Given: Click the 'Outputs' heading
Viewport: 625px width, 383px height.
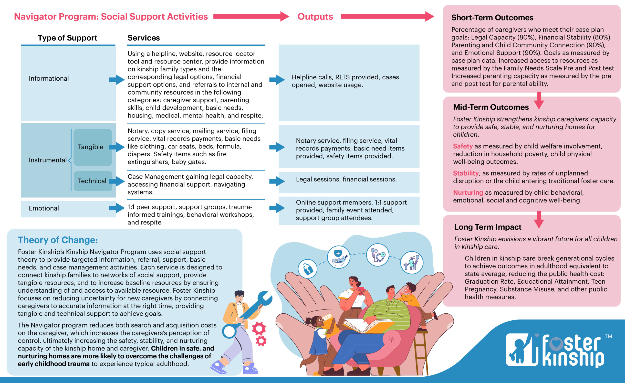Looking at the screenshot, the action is click(315, 17).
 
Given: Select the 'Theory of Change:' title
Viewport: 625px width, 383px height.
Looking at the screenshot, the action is click(58, 240).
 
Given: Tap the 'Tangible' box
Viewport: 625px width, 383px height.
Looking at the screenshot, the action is click(93, 147).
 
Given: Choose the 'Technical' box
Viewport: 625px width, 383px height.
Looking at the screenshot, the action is click(93, 181).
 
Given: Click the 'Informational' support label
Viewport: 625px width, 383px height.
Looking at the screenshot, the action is click(49, 78).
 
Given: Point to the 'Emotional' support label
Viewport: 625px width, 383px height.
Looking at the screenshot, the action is click(44, 208).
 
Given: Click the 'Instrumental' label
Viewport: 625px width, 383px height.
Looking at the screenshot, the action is click(48, 160).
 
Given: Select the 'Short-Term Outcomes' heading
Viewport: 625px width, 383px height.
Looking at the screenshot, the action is click(492, 18).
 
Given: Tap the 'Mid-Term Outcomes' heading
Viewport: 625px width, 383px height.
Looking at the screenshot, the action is click(491, 107).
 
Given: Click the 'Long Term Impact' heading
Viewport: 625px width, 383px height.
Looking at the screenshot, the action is click(488, 227).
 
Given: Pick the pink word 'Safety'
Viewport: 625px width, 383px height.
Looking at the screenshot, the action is click(463, 146).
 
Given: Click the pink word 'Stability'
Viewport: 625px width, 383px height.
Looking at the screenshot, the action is click(466, 173).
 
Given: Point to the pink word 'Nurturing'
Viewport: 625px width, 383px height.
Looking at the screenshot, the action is click(468, 193).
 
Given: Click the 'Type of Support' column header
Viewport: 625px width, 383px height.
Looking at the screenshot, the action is click(67, 38).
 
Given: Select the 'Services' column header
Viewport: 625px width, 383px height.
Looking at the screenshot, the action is click(144, 38).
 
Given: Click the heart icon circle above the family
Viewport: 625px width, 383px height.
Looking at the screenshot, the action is click(338, 257).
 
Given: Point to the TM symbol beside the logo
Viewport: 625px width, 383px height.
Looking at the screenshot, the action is click(608, 337).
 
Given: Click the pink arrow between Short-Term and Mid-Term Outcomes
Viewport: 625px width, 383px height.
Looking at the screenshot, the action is click(539, 100).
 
